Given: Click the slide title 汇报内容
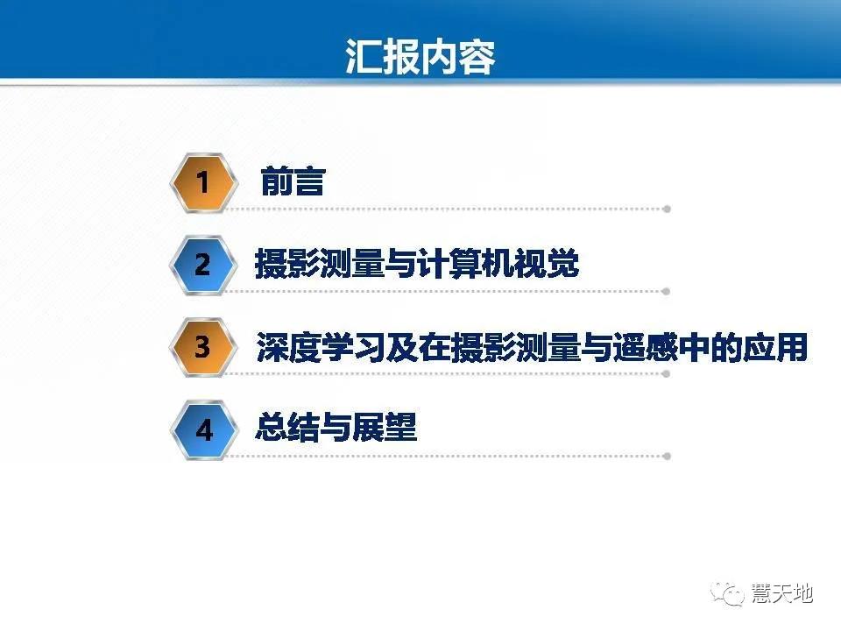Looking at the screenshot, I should tap(420, 57).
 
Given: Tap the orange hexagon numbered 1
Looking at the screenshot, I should tap(203, 182).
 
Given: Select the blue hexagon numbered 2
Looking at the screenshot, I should tap(203, 264).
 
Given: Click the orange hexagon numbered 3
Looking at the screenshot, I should tap(203, 347).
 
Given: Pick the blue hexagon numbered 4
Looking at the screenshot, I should tap(203, 430).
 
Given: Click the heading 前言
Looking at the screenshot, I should tap(293, 182).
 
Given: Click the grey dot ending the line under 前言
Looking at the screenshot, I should tap(667, 209).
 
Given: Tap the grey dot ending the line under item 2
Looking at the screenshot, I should tap(667, 291).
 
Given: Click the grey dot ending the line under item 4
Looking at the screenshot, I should tap(667, 457).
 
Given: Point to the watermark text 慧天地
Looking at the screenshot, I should tap(782, 594).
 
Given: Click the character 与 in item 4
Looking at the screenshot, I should tap(336, 429).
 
